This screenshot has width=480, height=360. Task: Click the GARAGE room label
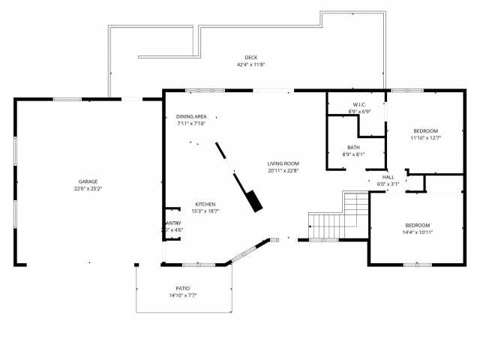pyautogui.click(x=88, y=181)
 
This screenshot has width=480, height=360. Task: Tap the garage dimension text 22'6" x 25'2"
pyautogui.click(x=88, y=189)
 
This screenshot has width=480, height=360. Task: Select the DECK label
pyautogui.click(x=251, y=58)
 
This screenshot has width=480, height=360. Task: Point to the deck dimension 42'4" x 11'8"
pyautogui.click(x=251, y=65)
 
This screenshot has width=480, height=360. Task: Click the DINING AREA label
pyautogui.click(x=191, y=116)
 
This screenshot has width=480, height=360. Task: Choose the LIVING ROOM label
pyautogui.click(x=283, y=163)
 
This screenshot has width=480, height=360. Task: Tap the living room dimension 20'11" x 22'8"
pyautogui.click(x=283, y=170)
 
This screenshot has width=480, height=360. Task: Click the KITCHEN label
pyautogui.click(x=205, y=204)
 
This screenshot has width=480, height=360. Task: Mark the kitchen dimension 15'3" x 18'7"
pyautogui.click(x=205, y=211)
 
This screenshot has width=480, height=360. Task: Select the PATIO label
pyautogui.click(x=183, y=288)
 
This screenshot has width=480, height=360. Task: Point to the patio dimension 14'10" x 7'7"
pyautogui.click(x=183, y=295)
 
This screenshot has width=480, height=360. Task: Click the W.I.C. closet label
pyautogui.click(x=359, y=104)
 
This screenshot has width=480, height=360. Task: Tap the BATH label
pyautogui.click(x=353, y=147)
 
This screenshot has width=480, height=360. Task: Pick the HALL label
pyautogui.click(x=388, y=177)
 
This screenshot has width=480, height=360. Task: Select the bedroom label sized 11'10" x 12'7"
pyautogui.click(x=425, y=130)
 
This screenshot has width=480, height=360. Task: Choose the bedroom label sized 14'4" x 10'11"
pyautogui.click(x=418, y=225)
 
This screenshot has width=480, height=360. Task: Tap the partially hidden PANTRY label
pyautogui.click(x=173, y=223)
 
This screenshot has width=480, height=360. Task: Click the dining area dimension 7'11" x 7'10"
pyautogui.click(x=191, y=124)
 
